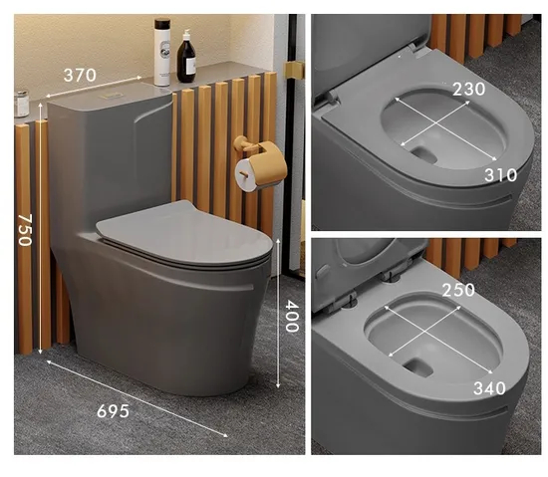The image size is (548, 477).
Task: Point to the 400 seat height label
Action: [292, 316]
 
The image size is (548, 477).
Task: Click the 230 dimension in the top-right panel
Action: [467, 89]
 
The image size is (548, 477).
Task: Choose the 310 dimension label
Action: [500, 175]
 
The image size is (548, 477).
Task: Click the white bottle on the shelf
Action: [161, 53]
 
